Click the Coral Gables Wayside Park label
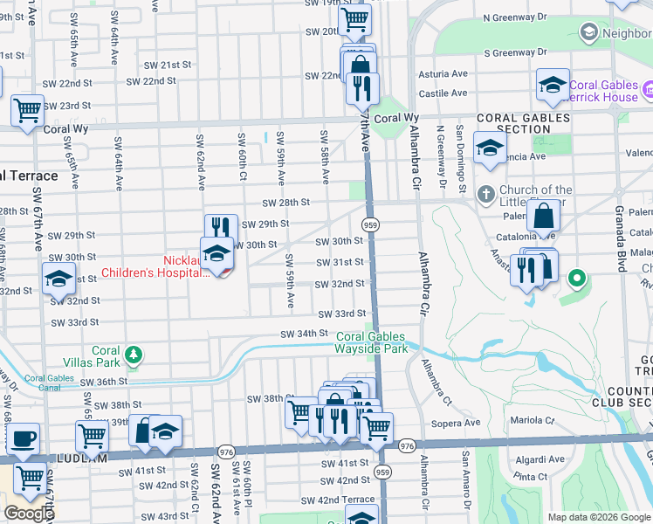point(372,342)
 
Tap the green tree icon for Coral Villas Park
point(133,355)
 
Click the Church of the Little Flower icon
point(485,193)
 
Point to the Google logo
point(29,514)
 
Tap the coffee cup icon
point(23,437)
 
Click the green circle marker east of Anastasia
point(576,280)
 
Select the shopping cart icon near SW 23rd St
point(27,110)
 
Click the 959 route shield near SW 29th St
point(371,224)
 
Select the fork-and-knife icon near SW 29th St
point(221,228)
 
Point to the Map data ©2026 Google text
point(598,517)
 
